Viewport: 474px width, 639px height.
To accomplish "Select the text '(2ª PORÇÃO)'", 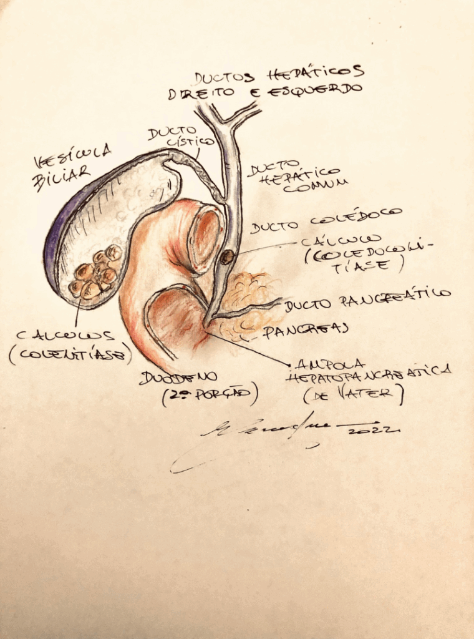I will pyautogui.click(x=209, y=396).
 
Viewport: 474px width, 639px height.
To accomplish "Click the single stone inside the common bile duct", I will pyautogui.click(x=227, y=256).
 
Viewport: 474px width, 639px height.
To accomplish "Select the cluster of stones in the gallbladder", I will pyautogui.click(x=95, y=273).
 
